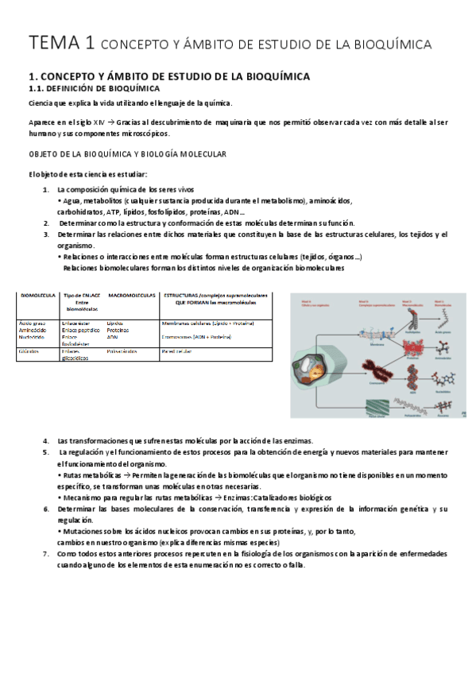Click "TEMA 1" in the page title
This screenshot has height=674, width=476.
(x=52, y=42)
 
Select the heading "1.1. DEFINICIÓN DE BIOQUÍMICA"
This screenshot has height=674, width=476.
(x=94, y=88)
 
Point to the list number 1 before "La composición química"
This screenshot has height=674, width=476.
(x=45, y=190)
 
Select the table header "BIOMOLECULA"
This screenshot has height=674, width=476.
(x=37, y=296)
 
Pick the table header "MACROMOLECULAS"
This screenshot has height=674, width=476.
(x=131, y=296)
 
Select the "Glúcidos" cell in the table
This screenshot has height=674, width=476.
(x=31, y=350)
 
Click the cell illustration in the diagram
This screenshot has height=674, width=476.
(x=312, y=374)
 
